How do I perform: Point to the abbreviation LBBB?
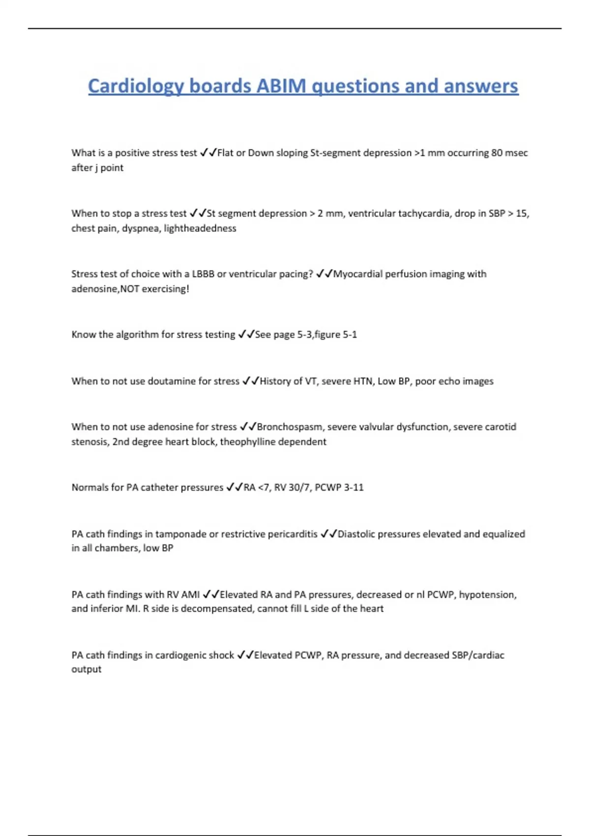coord(203,274)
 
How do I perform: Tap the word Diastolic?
coord(357,534)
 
